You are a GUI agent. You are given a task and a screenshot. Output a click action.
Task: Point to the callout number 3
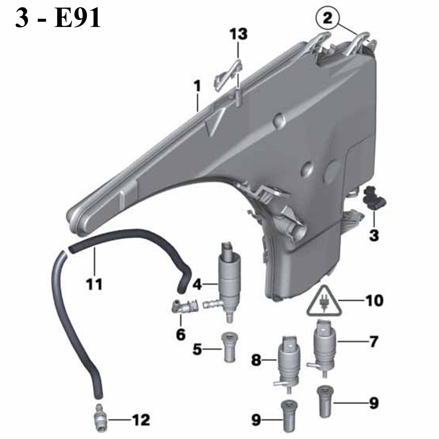pos(374,235)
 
